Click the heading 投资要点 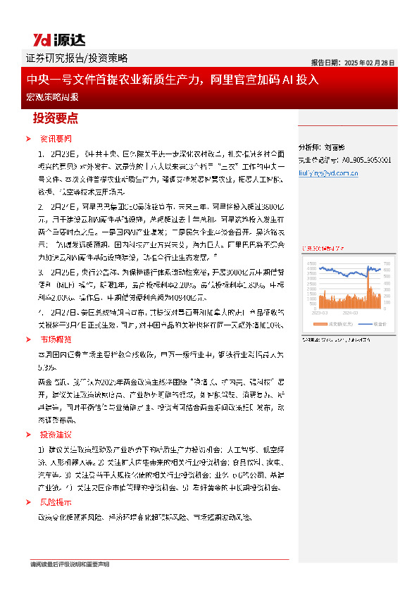56,118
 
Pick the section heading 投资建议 56,434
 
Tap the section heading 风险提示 56,502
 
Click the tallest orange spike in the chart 368,282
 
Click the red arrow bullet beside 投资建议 28,434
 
